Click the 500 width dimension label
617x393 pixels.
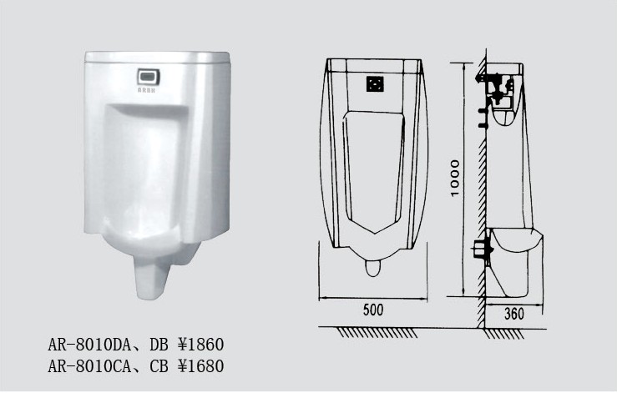tap(372, 310)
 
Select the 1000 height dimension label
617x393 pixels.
tap(455, 178)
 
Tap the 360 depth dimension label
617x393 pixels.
tap(514, 314)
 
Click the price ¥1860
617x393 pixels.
tap(200, 345)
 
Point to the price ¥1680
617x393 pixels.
tap(200, 365)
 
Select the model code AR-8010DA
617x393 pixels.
tap(89, 345)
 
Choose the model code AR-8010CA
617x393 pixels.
tap(89, 365)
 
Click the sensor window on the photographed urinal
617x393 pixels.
tap(149, 76)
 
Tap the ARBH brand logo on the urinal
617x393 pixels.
tap(146, 90)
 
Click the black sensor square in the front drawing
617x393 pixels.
tap(375, 83)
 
